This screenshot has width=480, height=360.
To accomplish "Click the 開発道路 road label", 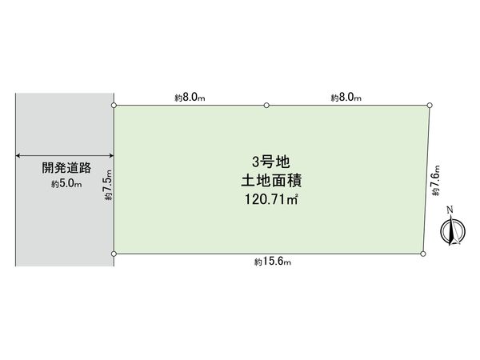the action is point(66,168).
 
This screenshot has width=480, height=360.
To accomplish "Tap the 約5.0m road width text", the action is point(66,184).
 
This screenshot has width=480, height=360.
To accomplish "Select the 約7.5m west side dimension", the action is point(109,185).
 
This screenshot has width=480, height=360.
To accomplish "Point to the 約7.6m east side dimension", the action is point(436,181).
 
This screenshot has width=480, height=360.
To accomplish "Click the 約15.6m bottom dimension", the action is point(273,262).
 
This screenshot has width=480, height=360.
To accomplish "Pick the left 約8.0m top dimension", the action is point(190,98).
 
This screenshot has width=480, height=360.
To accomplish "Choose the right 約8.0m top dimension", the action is point(346,98).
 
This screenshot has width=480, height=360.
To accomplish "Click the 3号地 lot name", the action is point(271,162).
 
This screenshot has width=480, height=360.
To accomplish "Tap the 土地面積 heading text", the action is point(271,180).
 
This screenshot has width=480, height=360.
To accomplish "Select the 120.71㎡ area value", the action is point(271,199).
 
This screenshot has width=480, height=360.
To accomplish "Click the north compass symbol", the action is point(453,230).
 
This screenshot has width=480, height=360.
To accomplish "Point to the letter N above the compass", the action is point(450,210).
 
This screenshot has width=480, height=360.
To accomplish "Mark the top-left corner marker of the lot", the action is point(114,106).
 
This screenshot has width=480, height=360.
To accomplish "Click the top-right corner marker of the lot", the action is point(430,106).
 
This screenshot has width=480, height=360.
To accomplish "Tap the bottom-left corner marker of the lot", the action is point(114,254).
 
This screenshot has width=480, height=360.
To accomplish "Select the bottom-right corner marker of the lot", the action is point(423,254).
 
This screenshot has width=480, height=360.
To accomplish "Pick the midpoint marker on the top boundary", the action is point(266,106).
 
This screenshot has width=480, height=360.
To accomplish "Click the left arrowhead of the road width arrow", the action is point(18,155).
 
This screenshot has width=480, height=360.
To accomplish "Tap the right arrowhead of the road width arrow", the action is point(111,155).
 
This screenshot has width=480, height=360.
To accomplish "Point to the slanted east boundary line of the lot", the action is point(426,179).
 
